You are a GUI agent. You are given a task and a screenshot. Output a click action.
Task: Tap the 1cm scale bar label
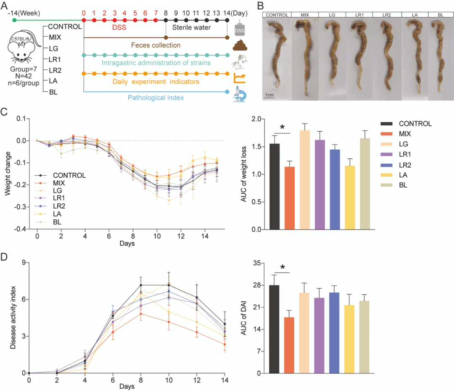coord(270,95)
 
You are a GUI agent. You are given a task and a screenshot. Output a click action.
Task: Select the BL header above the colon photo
coord(441,15)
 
